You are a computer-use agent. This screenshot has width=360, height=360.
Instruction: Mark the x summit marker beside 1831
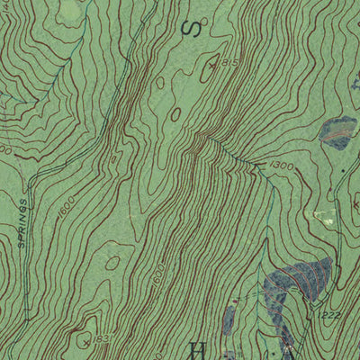pos(85,341)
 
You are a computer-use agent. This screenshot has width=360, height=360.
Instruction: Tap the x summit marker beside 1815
pos(212,66)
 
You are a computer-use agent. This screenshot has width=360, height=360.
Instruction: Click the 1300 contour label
pos(282,166)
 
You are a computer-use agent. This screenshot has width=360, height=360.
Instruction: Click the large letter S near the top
pos(190,29)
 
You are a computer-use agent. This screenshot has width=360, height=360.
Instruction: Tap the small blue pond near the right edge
pos(337,131)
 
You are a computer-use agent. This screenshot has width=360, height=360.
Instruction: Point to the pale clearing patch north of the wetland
pos(324,217)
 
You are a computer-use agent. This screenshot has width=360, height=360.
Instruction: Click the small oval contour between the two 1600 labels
pos(112,263)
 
